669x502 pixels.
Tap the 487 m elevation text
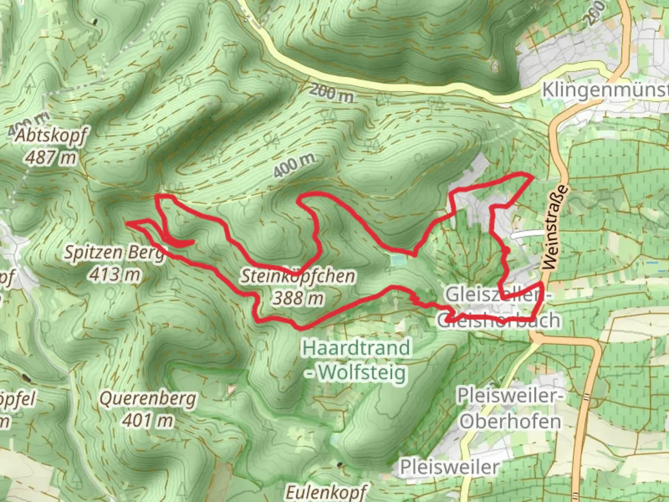pyautogui.click(x=51, y=158)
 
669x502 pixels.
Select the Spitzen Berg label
pyautogui.click(x=114, y=253)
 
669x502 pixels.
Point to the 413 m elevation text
pyautogui.click(x=115, y=275)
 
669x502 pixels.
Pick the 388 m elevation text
pyautogui.click(x=298, y=298)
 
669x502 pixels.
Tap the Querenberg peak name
pyautogui.click(x=148, y=399)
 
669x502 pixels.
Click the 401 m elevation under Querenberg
pyautogui.click(x=148, y=421)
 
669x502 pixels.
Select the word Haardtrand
pyautogui.click(x=356, y=348)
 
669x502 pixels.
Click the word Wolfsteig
pyautogui.click(x=362, y=372)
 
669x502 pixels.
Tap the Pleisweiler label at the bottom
pyautogui.click(x=449, y=467)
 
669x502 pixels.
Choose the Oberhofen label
pyautogui.click(x=510, y=422)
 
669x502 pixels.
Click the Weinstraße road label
pyautogui.click(x=555, y=228)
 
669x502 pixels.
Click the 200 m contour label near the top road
pyautogui.click(x=331, y=93)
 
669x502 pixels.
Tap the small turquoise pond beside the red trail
pyautogui.click(x=398, y=260)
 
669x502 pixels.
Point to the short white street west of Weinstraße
pyautogui.click(x=527, y=235)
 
